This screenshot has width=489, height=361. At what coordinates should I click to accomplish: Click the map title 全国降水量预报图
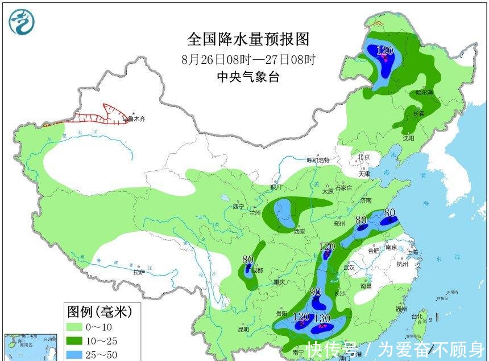coord(248,39)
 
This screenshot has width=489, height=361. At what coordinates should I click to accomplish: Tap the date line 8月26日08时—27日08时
coord(248,59)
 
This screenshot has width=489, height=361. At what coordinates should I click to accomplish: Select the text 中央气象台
coord(248,77)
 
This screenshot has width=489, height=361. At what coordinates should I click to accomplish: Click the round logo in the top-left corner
coord(22,22)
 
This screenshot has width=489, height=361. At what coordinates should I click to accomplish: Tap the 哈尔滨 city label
coord(424,92)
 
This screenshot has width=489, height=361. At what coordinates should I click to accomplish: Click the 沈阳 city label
coord(409,138)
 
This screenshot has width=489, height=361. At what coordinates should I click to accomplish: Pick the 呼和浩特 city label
coord(318,161)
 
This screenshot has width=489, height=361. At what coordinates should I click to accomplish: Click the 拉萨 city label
coord(139,272)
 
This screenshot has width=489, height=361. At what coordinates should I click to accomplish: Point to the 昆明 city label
coord(243,329)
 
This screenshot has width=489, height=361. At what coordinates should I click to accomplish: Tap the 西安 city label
coord(300,231)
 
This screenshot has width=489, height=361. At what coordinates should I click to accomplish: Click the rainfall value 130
coord(322,318)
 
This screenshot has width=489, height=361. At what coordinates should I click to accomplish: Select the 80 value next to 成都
coord(247,260)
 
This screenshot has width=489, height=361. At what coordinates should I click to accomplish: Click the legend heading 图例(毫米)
coord(100,311)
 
